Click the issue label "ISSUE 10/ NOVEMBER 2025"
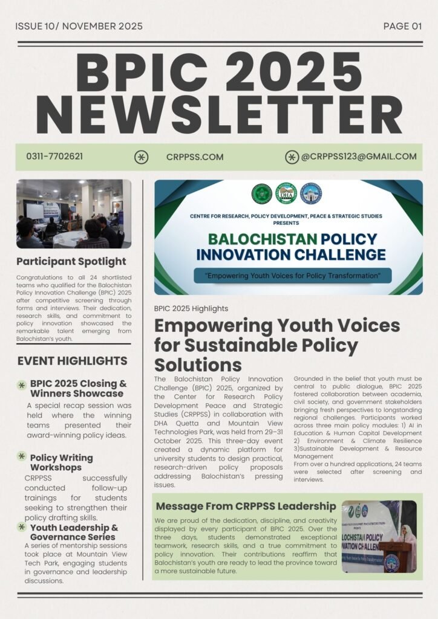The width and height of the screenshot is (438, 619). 79,26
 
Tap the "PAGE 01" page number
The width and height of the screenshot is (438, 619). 402,26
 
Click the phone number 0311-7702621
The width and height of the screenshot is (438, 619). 54,157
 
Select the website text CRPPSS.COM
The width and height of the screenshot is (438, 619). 195,157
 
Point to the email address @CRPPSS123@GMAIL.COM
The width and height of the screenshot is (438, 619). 359,157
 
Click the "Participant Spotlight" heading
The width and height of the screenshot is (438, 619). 71,262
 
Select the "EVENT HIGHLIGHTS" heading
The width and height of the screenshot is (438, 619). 72,361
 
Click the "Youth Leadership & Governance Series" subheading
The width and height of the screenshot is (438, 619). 74,532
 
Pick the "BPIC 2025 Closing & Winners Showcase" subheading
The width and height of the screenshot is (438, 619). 79,389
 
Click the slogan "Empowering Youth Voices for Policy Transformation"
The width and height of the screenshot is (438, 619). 293,276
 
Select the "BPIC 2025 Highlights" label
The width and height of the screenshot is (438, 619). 191,308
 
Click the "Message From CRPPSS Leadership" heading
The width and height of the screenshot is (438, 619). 246,506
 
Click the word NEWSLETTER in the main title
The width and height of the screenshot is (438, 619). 219,114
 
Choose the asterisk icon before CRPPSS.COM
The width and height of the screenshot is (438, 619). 141,157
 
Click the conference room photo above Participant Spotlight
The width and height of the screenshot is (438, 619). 73,214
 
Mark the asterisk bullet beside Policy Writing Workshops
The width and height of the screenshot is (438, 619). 22,456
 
